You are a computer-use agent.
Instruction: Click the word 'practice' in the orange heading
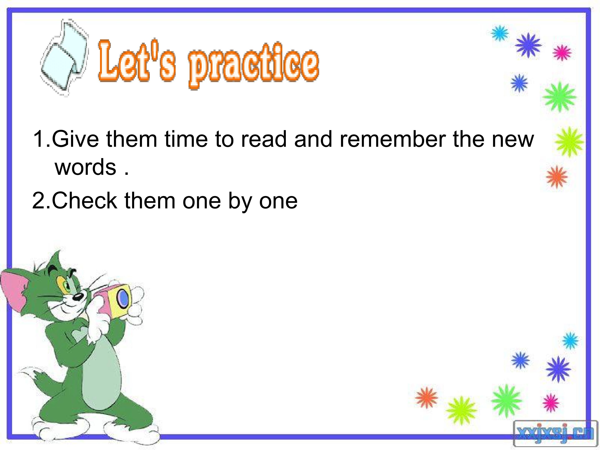tap(254, 65)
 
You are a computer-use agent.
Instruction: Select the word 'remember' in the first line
tap(393, 139)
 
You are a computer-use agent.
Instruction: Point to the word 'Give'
tap(75, 139)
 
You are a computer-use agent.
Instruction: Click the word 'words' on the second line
tap(85, 167)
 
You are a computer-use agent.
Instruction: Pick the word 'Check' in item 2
tap(84, 201)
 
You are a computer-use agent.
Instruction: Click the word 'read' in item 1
tap(264, 139)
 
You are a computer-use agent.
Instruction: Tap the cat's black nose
tap(78, 296)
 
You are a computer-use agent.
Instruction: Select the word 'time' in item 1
tap(186, 139)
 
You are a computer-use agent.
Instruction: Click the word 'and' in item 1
tap(313, 139)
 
